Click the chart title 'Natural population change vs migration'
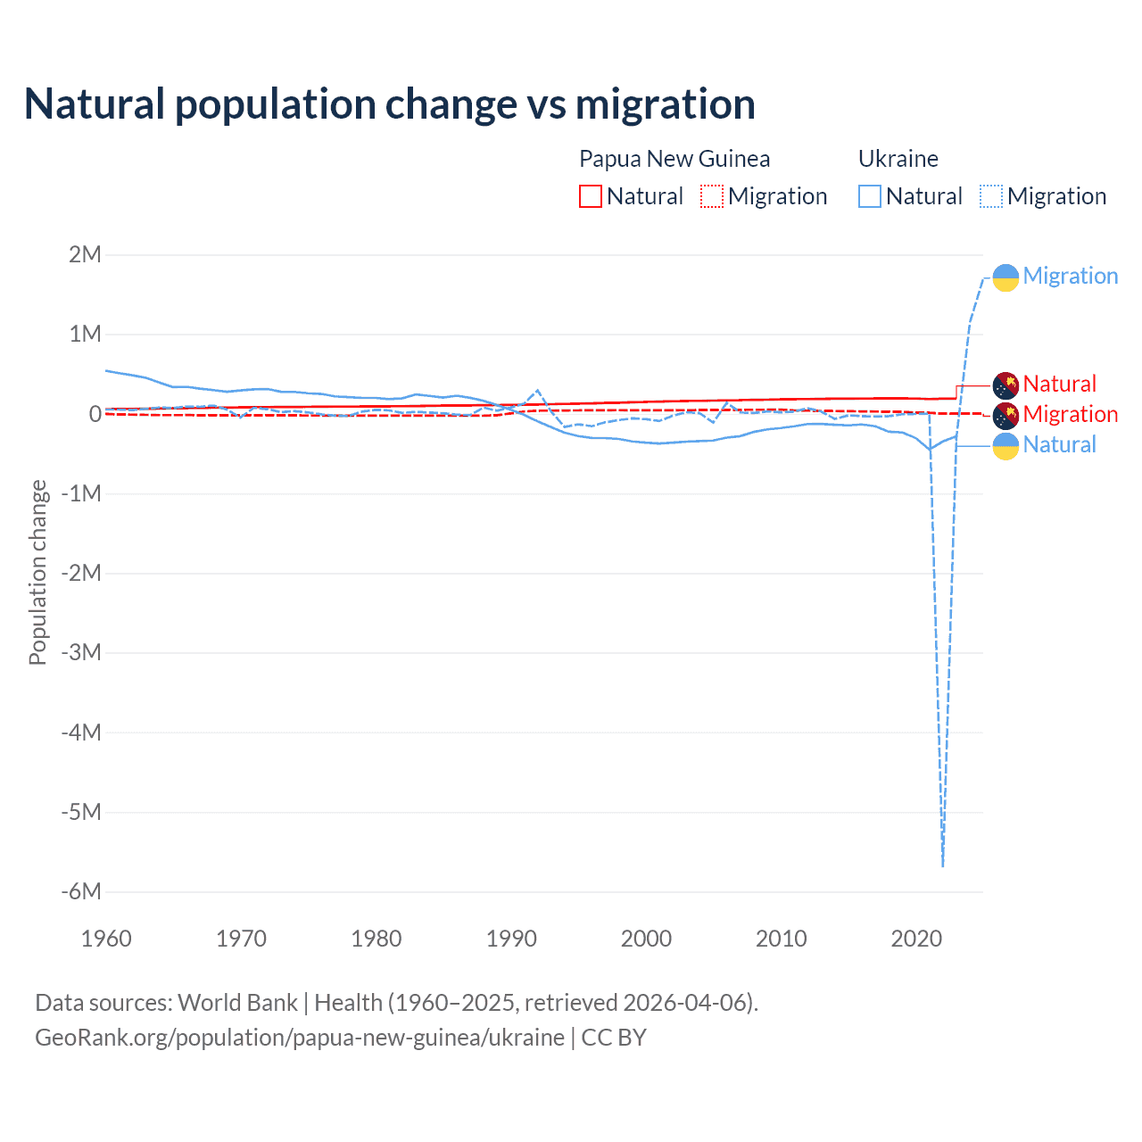pos(389,104)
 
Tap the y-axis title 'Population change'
pos(37,572)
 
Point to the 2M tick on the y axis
pos(86,254)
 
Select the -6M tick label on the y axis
pos(81,891)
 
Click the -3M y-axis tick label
pos(81,652)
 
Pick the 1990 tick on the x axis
pos(511,939)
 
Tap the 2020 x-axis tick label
pos(916,939)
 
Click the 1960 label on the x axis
pos(106,939)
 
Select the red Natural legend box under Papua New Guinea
pos(590,196)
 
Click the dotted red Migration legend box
pos(712,196)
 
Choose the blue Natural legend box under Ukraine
pos(869,196)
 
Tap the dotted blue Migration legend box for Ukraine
pos(991,196)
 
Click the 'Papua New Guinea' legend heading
pos(674,159)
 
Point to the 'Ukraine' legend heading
pos(898,159)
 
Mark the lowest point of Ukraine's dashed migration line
pos(943,865)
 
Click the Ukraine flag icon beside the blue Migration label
pos(1005,277)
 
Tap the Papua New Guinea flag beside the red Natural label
pos(1005,385)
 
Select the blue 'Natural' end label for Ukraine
pos(1059,444)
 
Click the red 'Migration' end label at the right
pos(1070,414)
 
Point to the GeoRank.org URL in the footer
pos(299,1038)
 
